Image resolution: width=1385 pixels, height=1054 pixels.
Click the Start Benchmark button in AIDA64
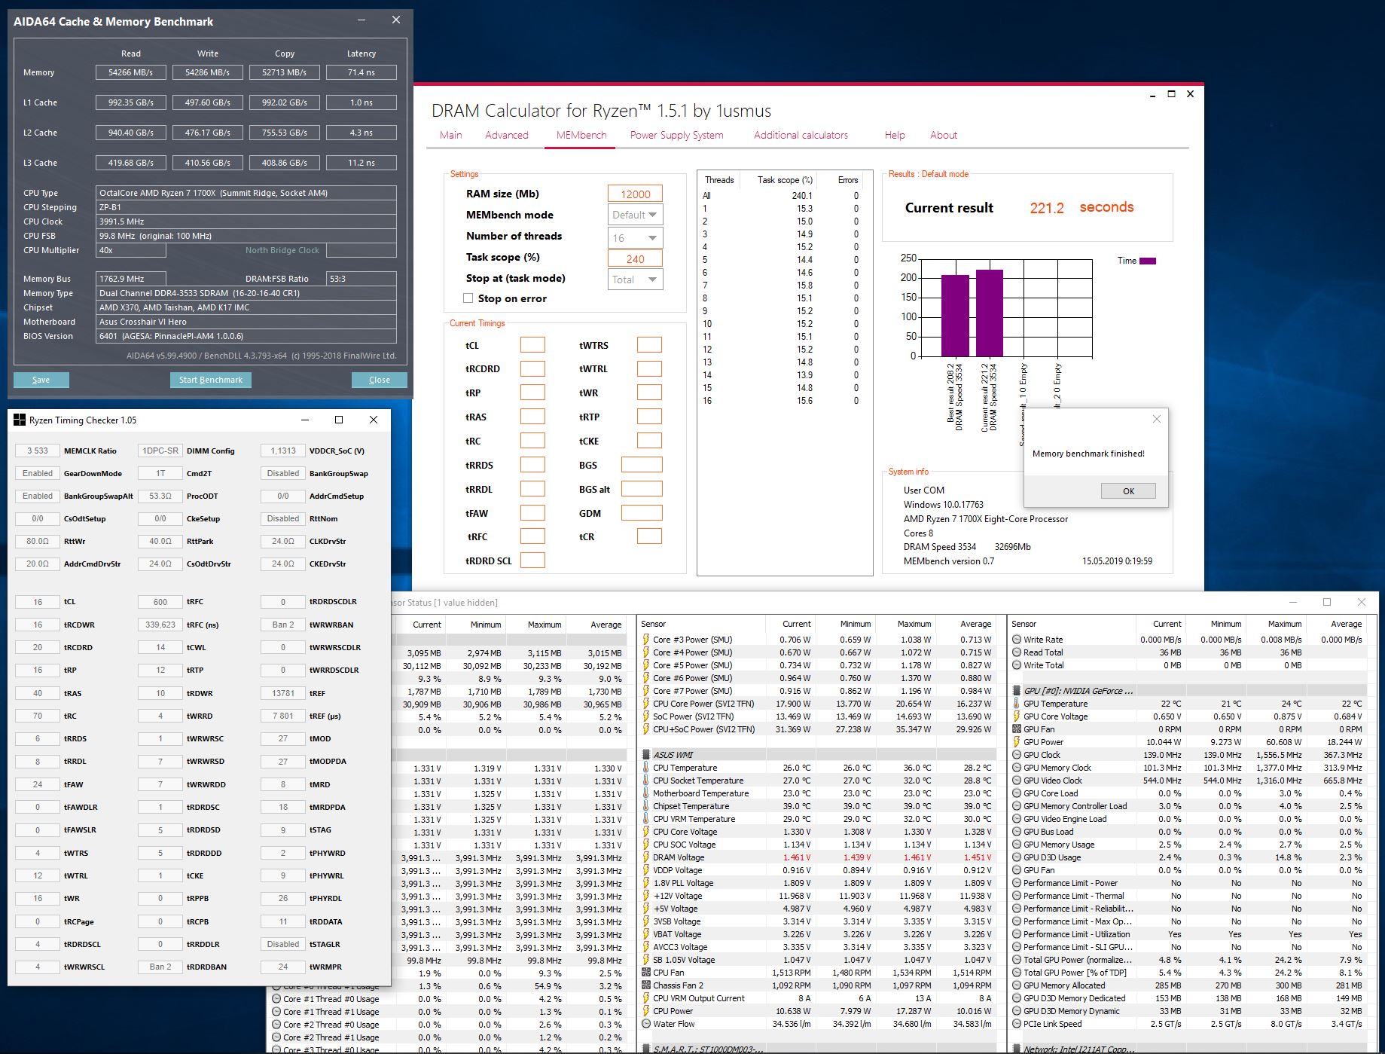coord(210,380)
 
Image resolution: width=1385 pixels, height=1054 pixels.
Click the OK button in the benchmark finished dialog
coord(1128,491)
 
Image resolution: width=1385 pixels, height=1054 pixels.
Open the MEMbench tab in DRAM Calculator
coord(581,136)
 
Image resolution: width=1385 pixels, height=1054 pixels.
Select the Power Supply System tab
coord(676,136)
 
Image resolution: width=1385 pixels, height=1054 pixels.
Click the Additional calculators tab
coord(801,136)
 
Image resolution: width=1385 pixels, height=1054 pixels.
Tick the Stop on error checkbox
coord(468,298)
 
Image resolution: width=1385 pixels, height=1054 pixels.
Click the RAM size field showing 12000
coord(635,194)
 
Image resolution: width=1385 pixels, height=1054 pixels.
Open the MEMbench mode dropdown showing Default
coord(635,215)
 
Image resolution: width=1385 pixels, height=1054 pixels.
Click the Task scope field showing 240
coord(635,258)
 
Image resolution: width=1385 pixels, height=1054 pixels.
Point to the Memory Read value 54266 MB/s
coord(131,72)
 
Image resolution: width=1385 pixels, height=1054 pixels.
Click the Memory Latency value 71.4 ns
coord(362,72)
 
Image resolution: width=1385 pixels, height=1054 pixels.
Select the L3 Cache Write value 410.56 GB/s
coord(208,163)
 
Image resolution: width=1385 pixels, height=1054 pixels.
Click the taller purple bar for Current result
coord(990,313)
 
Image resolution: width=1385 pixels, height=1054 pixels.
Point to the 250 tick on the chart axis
coord(908,258)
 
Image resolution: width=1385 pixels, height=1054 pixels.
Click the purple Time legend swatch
coord(1148,261)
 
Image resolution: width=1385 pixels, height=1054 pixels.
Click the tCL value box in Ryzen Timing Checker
coord(38,602)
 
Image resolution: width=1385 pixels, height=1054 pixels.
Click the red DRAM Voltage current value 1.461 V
coord(796,857)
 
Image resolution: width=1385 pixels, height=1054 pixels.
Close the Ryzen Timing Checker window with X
coord(374,420)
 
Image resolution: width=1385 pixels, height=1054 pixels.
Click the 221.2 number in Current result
coord(1047,208)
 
